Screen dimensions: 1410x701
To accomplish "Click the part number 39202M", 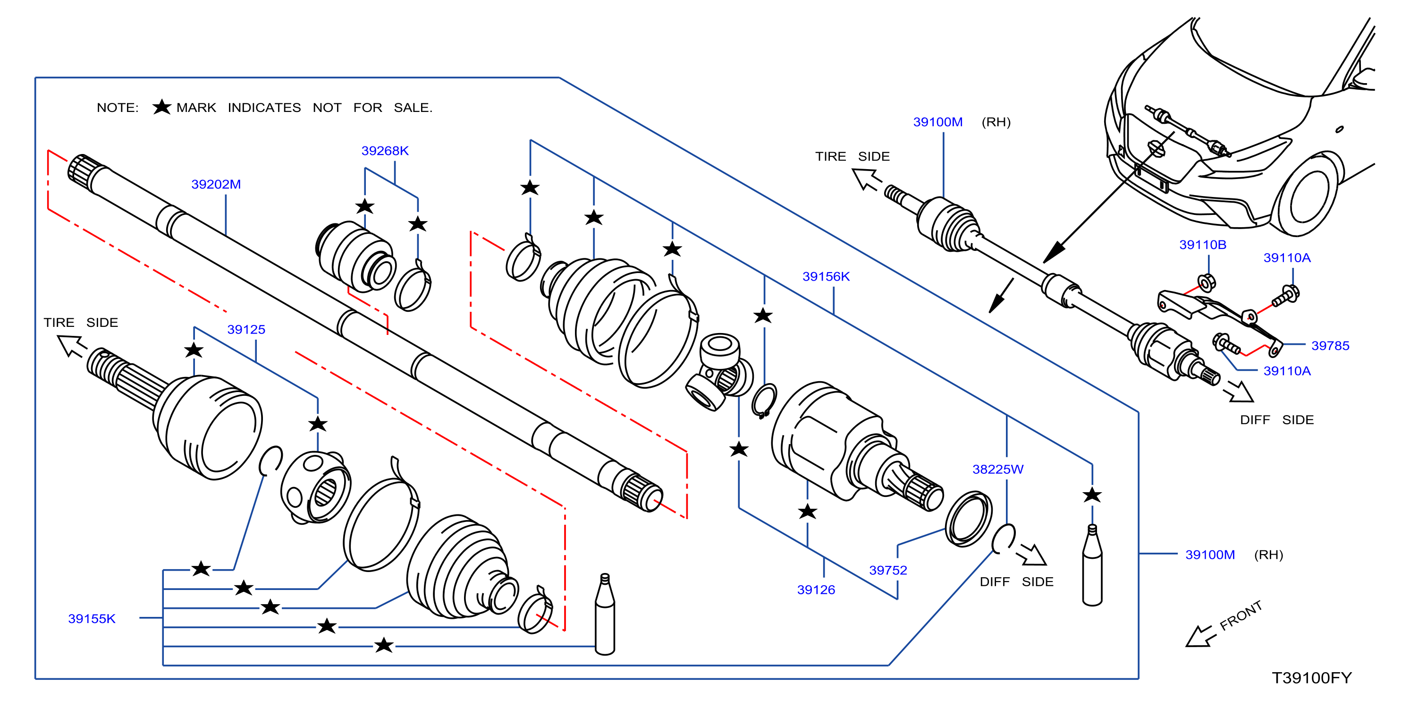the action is pos(216,184).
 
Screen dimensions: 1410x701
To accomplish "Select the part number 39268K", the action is pos(385,151).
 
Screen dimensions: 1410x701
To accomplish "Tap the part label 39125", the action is pos(246,329).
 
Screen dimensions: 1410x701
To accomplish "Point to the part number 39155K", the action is pos(92,618).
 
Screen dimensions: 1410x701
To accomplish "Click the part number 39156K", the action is pos(826,276).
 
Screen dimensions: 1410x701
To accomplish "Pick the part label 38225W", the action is pos(998,470).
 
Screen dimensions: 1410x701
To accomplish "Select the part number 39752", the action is pos(888,570).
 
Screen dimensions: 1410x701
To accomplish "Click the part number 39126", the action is pos(816,590).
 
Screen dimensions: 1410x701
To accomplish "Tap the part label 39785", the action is pos(1330,346).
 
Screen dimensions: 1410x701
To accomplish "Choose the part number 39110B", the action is pos(1203,245).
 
